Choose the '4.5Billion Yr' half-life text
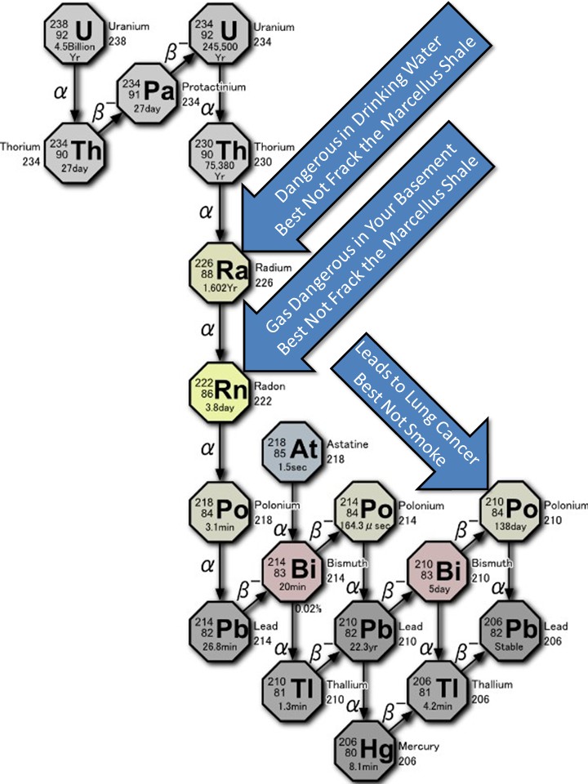[75, 49]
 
